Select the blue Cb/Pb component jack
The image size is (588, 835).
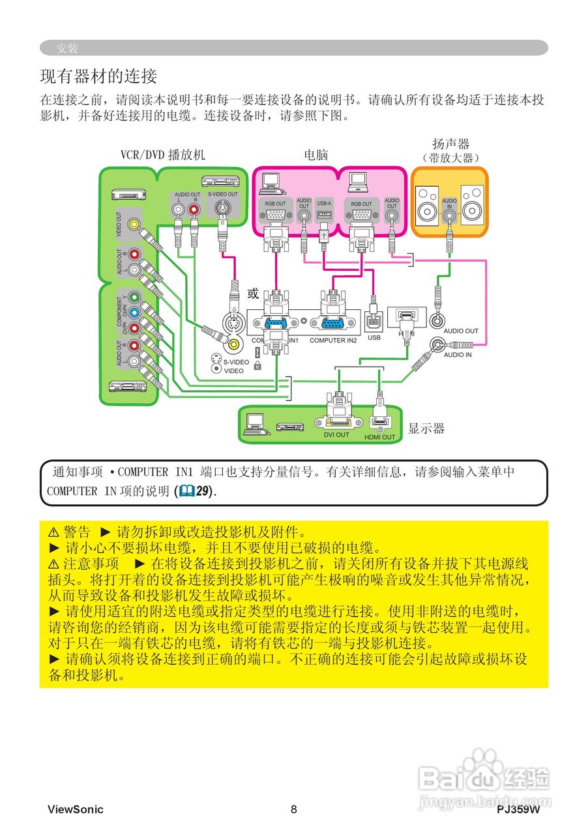pyautogui.click(x=134, y=312)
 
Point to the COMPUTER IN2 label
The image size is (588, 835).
pyautogui.click(x=333, y=341)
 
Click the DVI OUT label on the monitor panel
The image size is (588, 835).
pyautogui.click(x=336, y=434)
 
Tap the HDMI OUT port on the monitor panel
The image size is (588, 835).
pyautogui.click(x=379, y=423)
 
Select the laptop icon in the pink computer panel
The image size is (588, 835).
pyautogui.click(x=357, y=182)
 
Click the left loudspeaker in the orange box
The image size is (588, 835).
pyautogui.click(x=428, y=204)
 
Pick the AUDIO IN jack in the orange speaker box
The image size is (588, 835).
pyautogui.click(x=449, y=213)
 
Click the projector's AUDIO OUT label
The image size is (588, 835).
pyautogui.click(x=461, y=331)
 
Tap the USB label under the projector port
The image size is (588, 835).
pyautogui.click(x=374, y=338)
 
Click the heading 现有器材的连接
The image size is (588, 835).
pyautogui.click(x=98, y=76)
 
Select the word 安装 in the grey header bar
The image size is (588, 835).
pyautogui.click(x=67, y=48)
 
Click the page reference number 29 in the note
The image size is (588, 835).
pyautogui.click(x=205, y=491)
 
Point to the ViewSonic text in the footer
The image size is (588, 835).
pyautogui.click(x=75, y=810)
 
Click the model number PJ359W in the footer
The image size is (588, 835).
pyautogui.click(x=518, y=810)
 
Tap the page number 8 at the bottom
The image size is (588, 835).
pyautogui.click(x=294, y=810)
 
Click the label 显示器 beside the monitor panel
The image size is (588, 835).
pyautogui.click(x=426, y=429)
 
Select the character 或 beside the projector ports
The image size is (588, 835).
pyautogui.click(x=254, y=294)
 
